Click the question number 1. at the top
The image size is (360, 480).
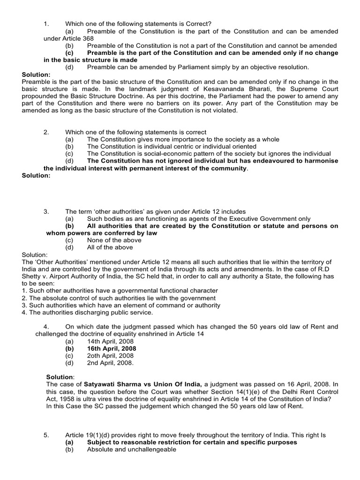pos(46,23)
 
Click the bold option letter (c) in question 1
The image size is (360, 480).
pos(69,53)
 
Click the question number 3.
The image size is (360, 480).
pos(46,211)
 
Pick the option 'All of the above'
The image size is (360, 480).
pos(110,247)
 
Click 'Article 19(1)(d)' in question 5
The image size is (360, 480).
pos(88,435)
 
